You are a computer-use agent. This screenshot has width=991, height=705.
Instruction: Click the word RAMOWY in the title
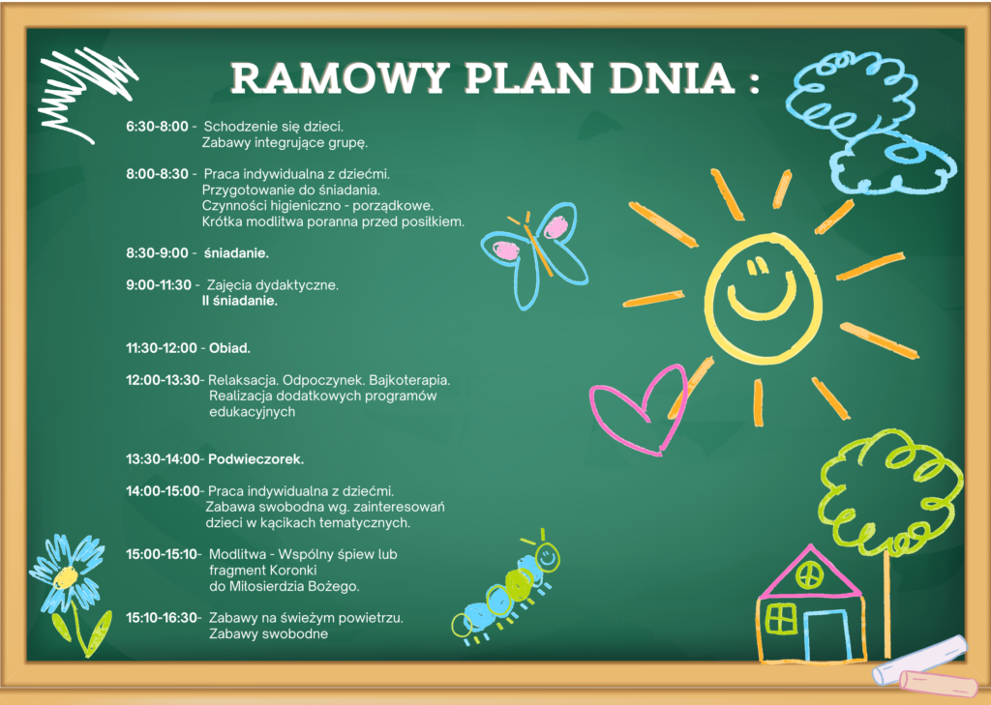pyautogui.click(x=340, y=78)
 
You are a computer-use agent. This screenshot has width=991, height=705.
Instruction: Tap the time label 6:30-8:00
pyautogui.click(x=157, y=127)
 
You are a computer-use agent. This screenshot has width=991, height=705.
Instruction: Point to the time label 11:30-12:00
pyautogui.click(x=162, y=348)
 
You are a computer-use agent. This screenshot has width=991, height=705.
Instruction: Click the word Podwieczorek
pyautogui.click(x=255, y=459)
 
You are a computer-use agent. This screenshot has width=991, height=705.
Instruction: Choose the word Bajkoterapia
pyautogui.click(x=409, y=380)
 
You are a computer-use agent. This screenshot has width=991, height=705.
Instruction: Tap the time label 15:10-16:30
pyautogui.click(x=162, y=618)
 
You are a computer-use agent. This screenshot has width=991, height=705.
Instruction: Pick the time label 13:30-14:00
pyautogui.click(x=163, y=459)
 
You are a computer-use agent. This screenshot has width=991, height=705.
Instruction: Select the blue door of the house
pyautogui.click(x=827, y=634)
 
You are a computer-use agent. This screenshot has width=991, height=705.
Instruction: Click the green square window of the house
pyautogui.click(x=781, y=618)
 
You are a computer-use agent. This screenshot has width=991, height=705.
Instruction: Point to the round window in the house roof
pyautogui.click(x=810, y=575)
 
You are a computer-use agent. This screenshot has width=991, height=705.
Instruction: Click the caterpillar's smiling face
pyautogui.click(x=548, y=557)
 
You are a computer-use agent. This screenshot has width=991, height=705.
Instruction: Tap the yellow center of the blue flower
pyautogui.click(x=65, y=577)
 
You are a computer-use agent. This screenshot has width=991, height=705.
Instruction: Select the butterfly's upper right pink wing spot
pyautogui.click(x=556, y=227)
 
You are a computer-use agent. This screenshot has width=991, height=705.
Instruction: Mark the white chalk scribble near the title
pyautogui.click(x=86, y=94)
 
